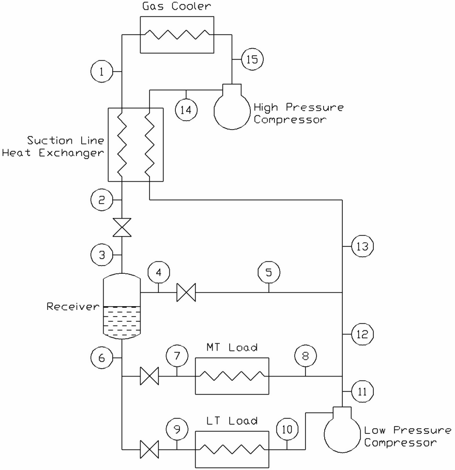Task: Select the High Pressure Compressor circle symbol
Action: [x=232, y=109]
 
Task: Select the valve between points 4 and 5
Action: [x=185, y=293]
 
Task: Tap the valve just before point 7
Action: [x=149, y=377]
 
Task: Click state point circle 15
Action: [x=252, y=59]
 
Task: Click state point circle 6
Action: [x=101, y=356]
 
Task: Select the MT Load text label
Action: [x=233, y=348]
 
